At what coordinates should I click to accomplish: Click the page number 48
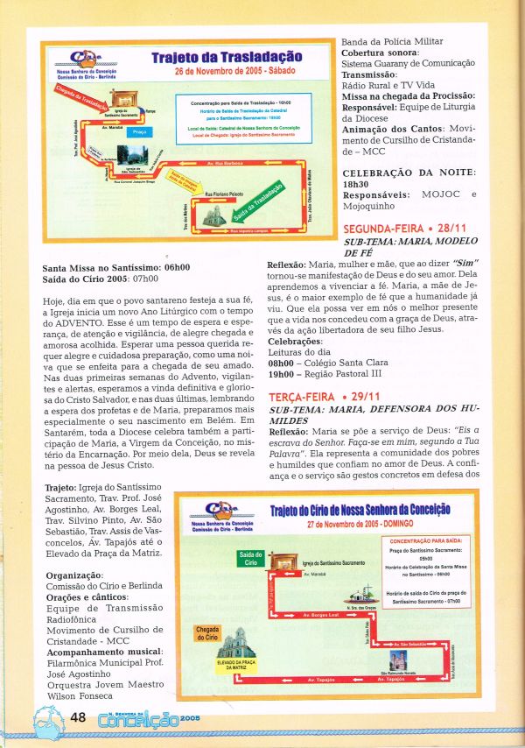[76, 718]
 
